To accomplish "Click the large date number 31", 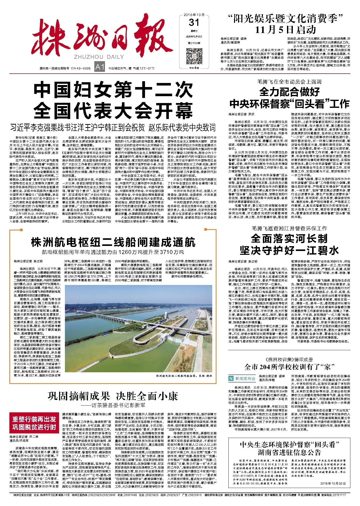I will pyautogui.click(x=194, y=23).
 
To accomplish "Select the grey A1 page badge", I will pyautogui.click(x=99, y=67).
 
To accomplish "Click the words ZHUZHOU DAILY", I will pyautogui.click(x=99, y=57).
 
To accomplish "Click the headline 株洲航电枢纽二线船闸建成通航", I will pyautogui.click(x=113, y=242).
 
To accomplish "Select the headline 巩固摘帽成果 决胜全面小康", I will pyautogui.click(x=113, y=396).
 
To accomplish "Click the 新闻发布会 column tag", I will pyautogui.click(x=242, y=378).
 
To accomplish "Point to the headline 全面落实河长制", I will pyautogui.click(x=289, y=239).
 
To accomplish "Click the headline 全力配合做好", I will pyautogui.click(x=289, y=92).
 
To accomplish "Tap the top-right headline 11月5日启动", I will pyautogui.click(x=285, y=30).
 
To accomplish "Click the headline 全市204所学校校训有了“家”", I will pyautogui.click(x=289, y=367).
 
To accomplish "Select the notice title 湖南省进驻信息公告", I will pyautogui.click(x=289, y=452).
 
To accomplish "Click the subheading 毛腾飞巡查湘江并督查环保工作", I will pyautogui.click(x=289, y=228).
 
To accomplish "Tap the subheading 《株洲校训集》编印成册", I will pyautogui.click(x=289, y=360).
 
